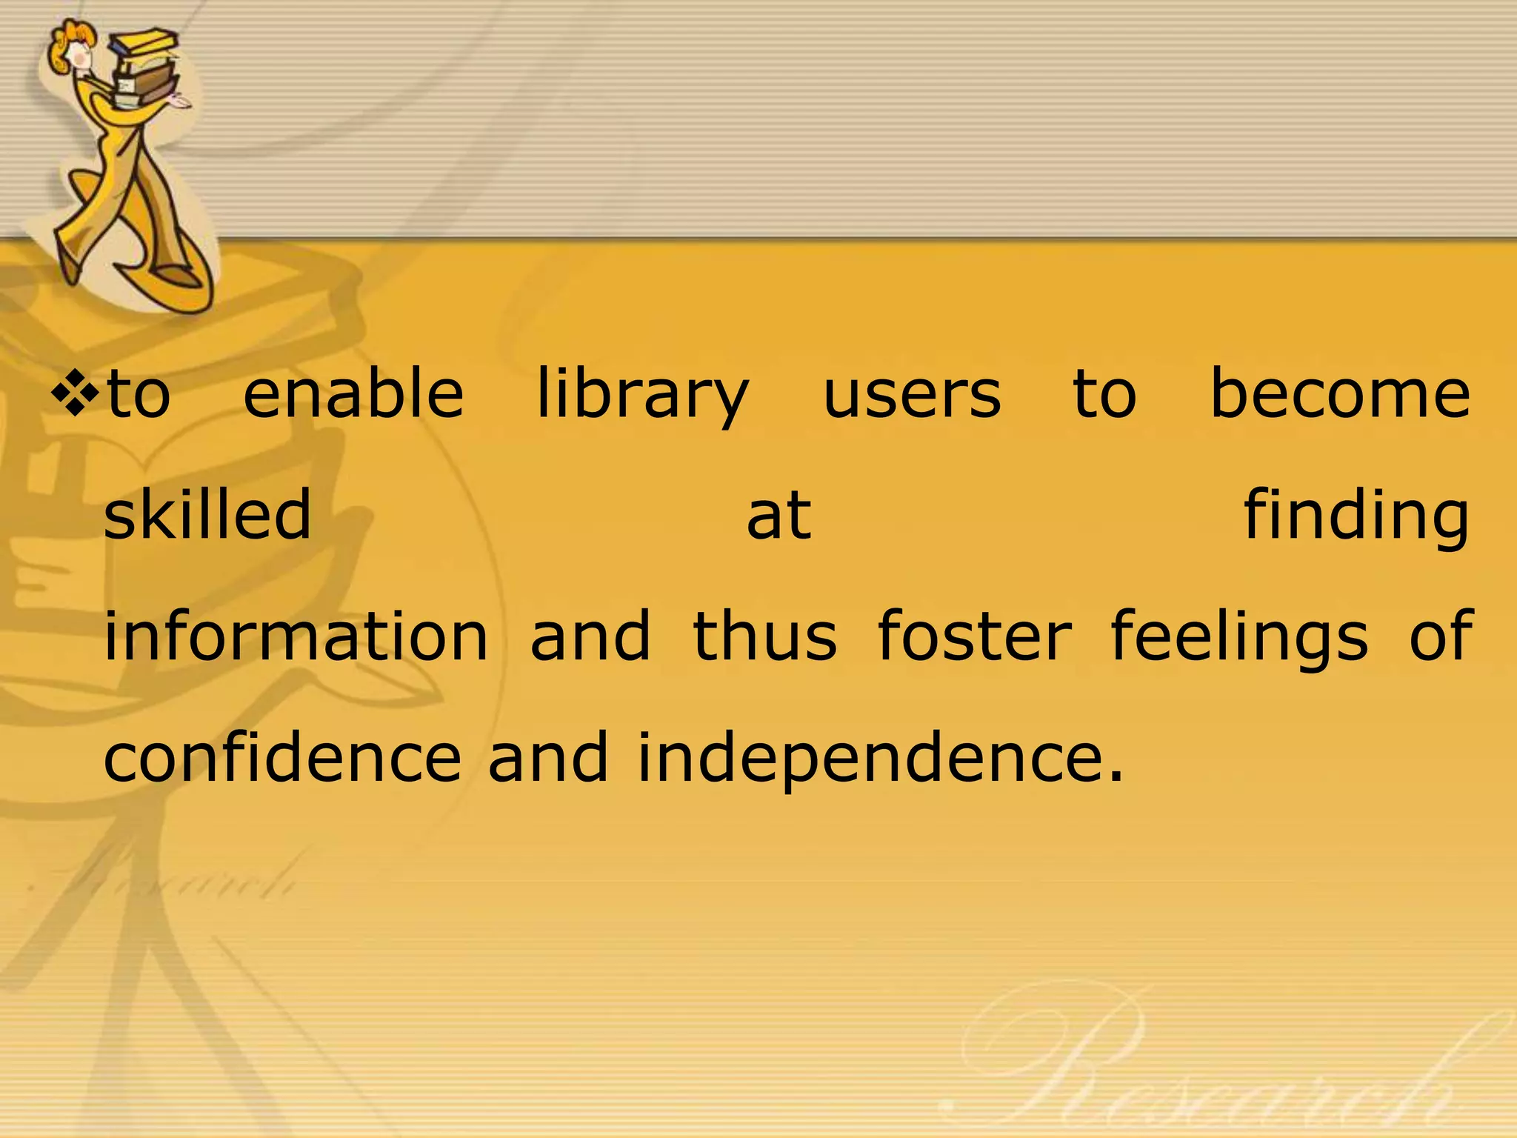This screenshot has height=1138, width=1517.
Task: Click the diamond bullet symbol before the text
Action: (74, 392)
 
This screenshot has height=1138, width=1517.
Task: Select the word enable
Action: (353, 393)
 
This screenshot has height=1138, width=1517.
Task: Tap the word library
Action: (642, 395)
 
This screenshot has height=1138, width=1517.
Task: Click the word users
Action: (912, 395)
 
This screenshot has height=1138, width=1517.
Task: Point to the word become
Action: (1339, 393)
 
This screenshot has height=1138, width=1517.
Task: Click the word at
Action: (778, 515)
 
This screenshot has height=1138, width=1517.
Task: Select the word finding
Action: (1356, 515)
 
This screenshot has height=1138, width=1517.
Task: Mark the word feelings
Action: (1239, 636)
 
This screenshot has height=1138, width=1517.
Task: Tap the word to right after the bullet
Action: (139, 393)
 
